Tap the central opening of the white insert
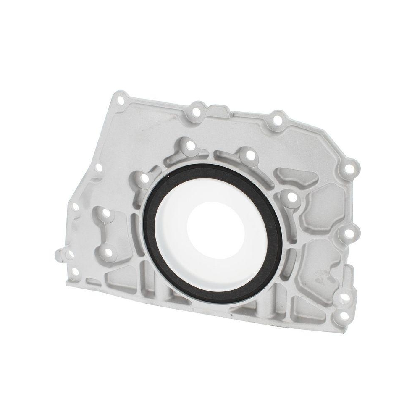(x=214, y=229)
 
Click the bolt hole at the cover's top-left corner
(x=121, y=100)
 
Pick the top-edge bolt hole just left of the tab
(x=196, y=112)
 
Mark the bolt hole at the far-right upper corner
(x=349, y=169)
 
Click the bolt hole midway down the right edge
(x=349, y=232)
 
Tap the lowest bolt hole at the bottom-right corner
(x=344, y=316)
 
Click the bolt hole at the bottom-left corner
(x=75, y=272)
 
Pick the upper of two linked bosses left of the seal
(x=106, y=213)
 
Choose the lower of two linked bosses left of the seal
(x=108, y=252)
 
